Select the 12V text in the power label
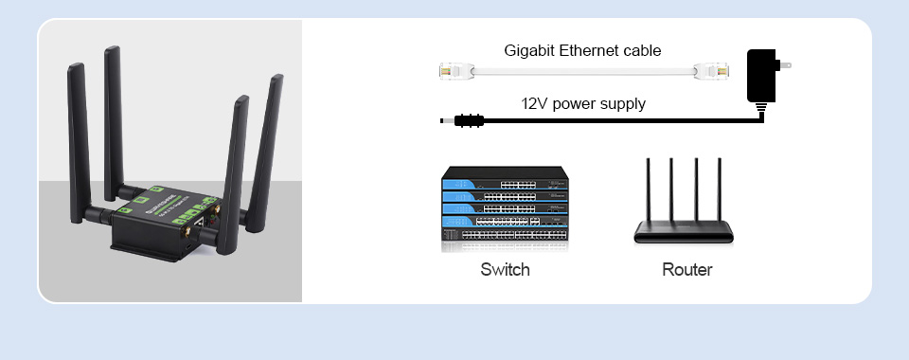[x=535, y=103]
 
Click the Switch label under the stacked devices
[x=505, y=270]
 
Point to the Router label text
[x=686, y=270]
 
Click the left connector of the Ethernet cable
[x=456, y=70]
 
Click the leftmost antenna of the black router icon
[x=649, y=194]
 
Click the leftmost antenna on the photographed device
[x=79, y=133]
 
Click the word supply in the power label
[x=621, y=103]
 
